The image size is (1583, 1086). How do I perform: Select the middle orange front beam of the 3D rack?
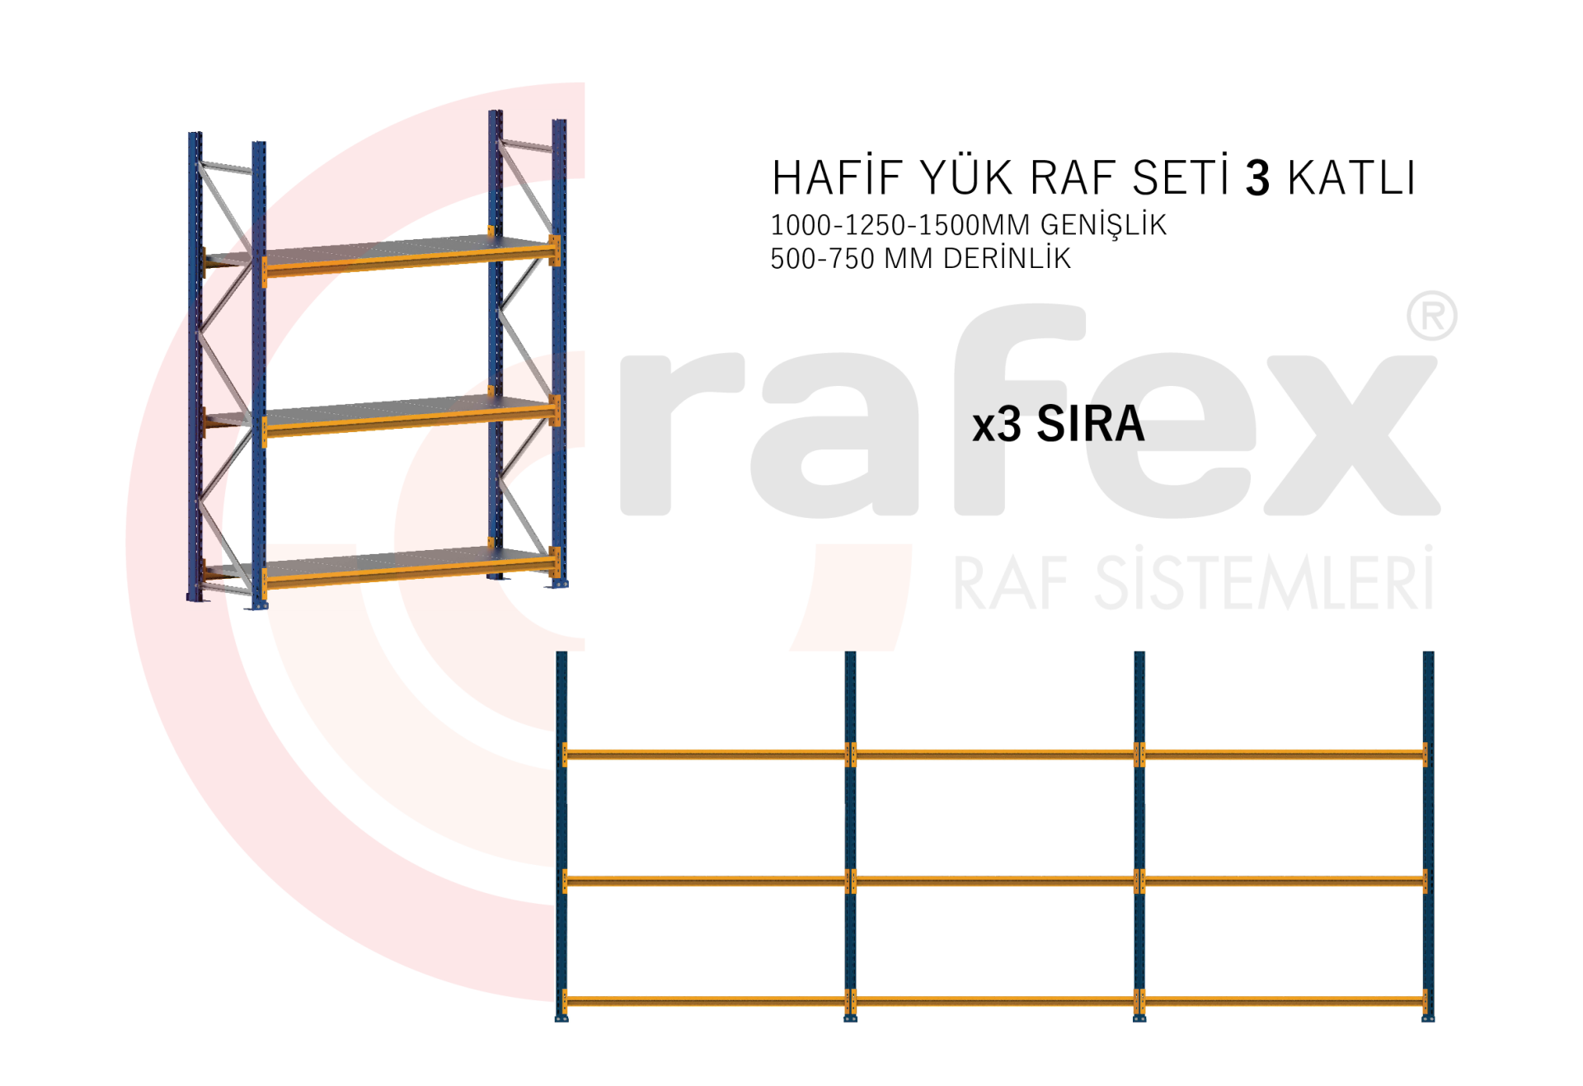pyautogui.click(x=408, y=421)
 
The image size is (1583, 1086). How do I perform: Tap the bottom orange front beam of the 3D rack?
pyautogui.click(x=408, y=573)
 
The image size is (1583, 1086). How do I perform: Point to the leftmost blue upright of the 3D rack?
pyautogui.click(x=195, y=363)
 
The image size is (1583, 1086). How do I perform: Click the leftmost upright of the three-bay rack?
pyautogui.click(x=561, y=833)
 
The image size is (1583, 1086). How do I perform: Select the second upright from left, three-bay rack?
pyautogui.click(x=850, y=833)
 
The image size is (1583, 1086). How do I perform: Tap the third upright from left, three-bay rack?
pyautogui.click(x=1139, y=833)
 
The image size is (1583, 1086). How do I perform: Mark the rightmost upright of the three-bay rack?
pyautogui.click(x=1428, y=833)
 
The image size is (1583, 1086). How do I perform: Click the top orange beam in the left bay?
pyautogui.click(x=706, y=755)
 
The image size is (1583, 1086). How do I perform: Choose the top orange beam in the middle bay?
pyautogui.click(x=994, y=755)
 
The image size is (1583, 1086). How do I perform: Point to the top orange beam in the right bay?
pyautogui.click(x=1284, y=755)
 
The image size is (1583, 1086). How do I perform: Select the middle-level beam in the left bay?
pyautogui.click(x=706, y=881)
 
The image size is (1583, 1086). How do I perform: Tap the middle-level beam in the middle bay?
pyautogui.click(x=994, y=881)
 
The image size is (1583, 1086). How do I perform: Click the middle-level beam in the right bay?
pyautogui.click(x=1284, y=881)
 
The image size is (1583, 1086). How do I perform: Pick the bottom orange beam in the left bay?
pyautogui.click(x=706, y=1001)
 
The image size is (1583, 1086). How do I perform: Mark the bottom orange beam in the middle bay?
pyautogui.click(x=994, y=1001)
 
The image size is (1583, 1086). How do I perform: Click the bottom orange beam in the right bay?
pyautogui.click(x=1284, y=1001)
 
